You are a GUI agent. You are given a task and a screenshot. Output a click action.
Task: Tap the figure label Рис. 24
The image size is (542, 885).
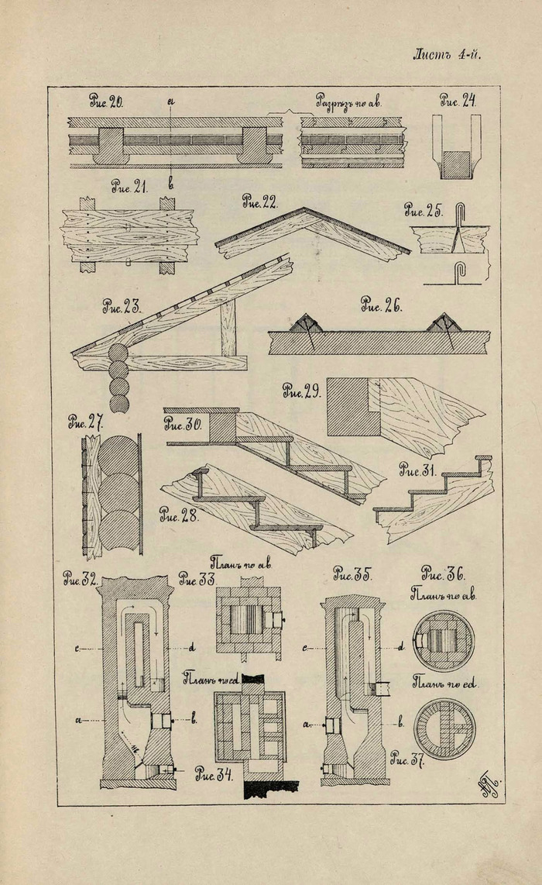(x=458, y=100)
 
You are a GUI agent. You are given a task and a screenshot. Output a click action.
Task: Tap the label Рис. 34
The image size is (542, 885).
(x=214, y=773)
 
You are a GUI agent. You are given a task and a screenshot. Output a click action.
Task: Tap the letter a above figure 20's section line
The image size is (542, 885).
(x=170, y=102)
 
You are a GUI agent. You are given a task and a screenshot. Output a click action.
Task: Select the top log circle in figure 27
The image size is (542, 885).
(x=117, y=456)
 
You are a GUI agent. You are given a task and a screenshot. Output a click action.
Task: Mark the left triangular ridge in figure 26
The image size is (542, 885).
(x=307, y=324)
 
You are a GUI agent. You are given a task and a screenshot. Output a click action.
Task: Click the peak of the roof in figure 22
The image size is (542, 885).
(x=306, y=209)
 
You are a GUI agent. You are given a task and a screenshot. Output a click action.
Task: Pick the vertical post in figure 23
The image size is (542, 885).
(x=228, y=329)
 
